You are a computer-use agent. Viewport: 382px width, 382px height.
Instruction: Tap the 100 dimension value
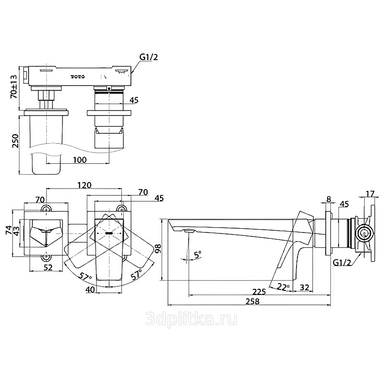click(x=80, y=159)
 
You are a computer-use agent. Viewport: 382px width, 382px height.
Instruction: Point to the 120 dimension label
click(x=84, y=185)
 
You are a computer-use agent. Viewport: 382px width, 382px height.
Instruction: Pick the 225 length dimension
click(x=259, y=291)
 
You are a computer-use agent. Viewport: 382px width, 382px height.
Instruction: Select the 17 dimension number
click(x=370, y=194)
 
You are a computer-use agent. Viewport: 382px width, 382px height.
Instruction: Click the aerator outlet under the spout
click(x=189, y=231)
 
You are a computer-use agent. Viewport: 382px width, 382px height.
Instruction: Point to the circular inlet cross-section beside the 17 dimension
click(x=364, y=233)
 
